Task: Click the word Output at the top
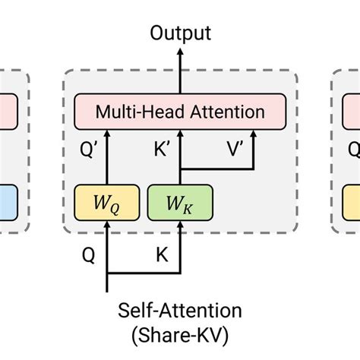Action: [180, 33]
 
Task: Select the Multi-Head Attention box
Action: [180, 112]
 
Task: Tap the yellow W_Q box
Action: [107, 202]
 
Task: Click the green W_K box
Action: [180, 202]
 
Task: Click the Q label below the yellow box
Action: [89, 257]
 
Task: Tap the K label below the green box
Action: [161, 257]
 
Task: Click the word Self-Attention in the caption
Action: [180, 311]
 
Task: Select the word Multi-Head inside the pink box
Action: [135, 112]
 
